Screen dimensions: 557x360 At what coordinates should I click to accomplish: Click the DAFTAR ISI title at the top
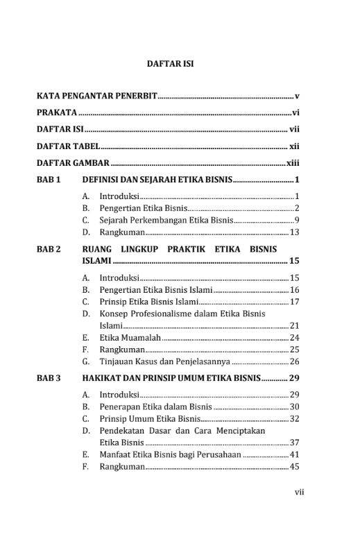170,63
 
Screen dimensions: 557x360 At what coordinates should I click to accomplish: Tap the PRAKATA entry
56,112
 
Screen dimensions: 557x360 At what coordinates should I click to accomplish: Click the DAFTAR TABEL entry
69,146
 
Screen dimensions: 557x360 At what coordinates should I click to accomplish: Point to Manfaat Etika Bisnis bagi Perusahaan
170,454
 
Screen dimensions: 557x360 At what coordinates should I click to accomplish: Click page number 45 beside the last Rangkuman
294,467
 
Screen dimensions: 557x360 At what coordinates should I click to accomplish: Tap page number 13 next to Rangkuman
294,232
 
